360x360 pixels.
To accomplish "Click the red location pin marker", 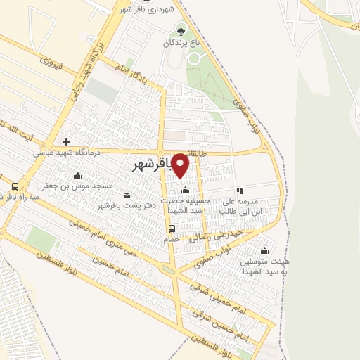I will (x=181, y=166).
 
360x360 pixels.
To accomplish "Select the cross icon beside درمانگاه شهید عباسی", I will (x=67, y=141).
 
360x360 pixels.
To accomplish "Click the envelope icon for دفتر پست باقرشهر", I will (x=127, y=195).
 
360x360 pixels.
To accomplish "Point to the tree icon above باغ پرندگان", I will (x=181, y=30).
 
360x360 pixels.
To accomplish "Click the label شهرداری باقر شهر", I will (x=155, y=8).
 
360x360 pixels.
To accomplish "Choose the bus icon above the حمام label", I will (x=171, y=228).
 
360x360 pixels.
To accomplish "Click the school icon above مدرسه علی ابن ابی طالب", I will (x=240, y=190).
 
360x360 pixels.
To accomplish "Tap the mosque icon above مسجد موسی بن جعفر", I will (x=77, y=175).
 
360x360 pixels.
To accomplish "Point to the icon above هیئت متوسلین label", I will (x=265, y=250).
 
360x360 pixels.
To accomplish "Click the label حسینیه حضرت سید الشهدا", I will (x=185, y=205).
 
